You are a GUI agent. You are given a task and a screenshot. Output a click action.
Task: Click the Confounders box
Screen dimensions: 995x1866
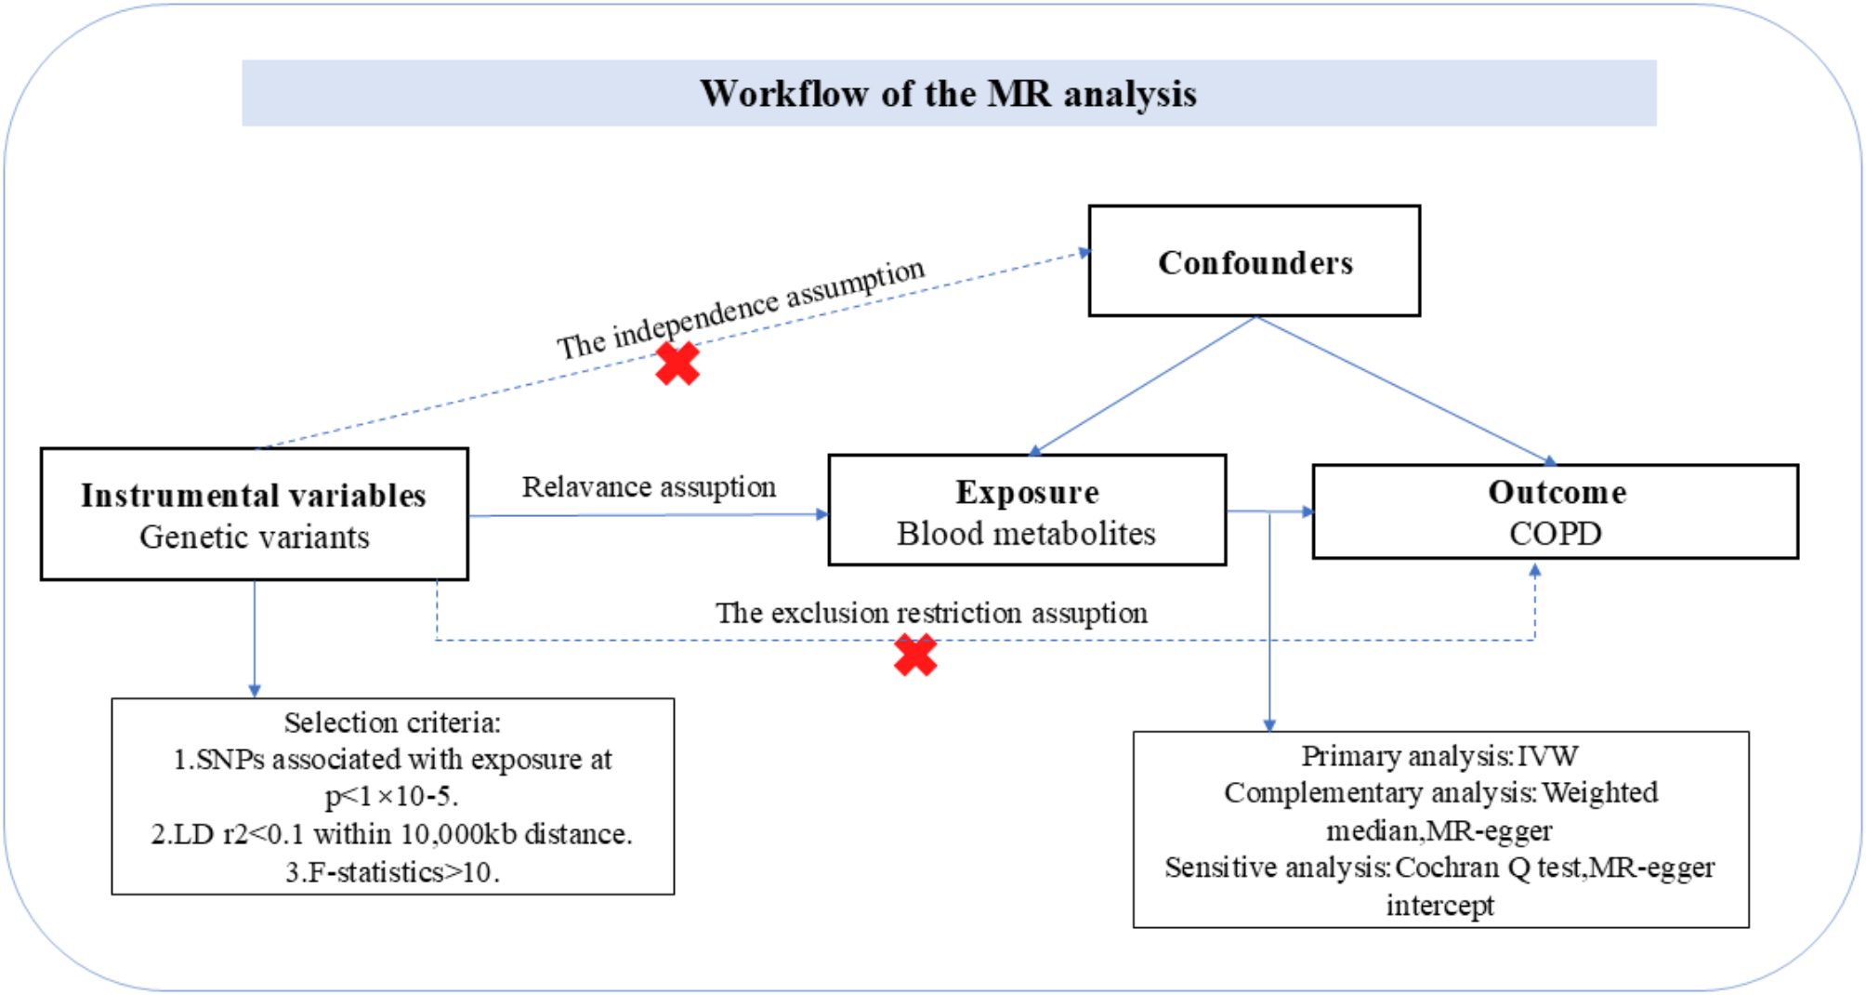click(1255, 261)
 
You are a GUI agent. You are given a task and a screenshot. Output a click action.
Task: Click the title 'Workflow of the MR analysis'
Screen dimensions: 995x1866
click(948, 94)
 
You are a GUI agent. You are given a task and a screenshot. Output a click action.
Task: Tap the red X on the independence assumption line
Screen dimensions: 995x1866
click(677, 364)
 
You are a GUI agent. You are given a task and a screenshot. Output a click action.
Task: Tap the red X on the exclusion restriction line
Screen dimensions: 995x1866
click(915, 656)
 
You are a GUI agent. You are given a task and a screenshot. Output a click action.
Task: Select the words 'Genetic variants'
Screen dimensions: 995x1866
click(254, 537)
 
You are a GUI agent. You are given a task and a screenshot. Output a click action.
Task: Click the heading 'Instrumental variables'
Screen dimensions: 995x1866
click(254, 496)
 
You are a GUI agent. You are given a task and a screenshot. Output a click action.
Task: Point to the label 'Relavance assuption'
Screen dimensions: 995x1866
click(649, 486)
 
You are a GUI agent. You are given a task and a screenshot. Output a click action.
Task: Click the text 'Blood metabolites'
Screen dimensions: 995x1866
click(1026, 534)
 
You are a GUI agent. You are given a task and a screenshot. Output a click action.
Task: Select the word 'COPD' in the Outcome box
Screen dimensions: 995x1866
click(1555, 534)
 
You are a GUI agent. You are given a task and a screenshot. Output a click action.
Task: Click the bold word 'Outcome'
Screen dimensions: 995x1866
click(1557, 492)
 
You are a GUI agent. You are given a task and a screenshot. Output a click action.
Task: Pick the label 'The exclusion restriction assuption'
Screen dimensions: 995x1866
click(931, 613)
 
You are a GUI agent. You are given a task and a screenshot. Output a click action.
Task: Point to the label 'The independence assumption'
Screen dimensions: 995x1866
click(741, 308)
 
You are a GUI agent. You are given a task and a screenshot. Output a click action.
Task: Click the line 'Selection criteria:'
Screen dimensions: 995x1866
click(392, 723)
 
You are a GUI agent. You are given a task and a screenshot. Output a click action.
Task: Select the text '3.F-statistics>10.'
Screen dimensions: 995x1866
click(392, 872)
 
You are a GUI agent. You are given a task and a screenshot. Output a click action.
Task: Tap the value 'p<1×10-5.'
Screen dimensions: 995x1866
click(392, 797)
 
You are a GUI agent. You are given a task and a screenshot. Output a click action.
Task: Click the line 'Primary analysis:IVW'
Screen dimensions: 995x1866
click(1439, 756)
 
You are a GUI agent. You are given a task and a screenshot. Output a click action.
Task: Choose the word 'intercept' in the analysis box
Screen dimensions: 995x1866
click(1439, 905)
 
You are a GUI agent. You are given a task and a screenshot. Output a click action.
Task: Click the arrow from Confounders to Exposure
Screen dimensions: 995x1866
click(1143, 386)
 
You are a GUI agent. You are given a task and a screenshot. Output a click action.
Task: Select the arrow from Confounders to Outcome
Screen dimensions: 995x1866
click(1403, 390)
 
